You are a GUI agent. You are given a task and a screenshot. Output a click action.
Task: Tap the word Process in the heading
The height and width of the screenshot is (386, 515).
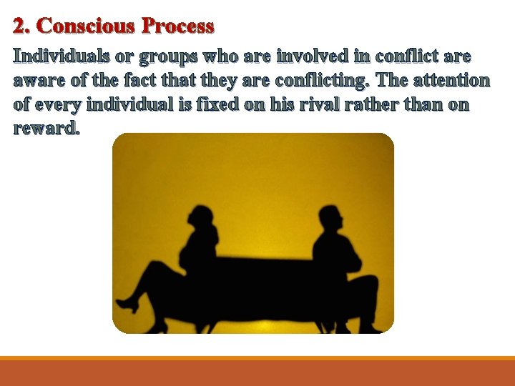(x=178, y=26)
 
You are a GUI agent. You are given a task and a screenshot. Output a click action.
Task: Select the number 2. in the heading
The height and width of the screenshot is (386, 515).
(x=22, y=26)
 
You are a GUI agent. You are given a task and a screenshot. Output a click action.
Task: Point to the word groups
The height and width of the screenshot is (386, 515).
(x=170, y=57)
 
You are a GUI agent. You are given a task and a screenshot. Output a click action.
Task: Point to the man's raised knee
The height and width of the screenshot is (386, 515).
(x=368, y=280)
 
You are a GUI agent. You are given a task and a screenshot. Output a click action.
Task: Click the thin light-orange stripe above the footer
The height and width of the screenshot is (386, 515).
(x=257, y=358)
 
